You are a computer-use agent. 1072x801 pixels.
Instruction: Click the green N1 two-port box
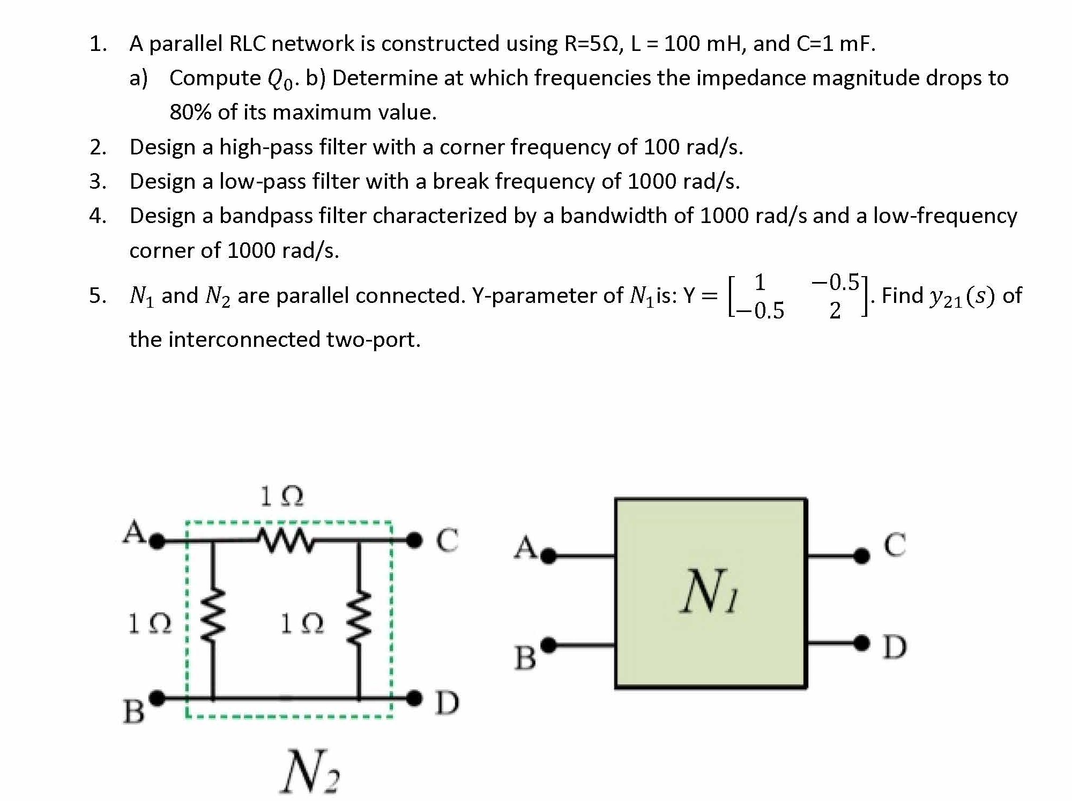click(x=711, y=592)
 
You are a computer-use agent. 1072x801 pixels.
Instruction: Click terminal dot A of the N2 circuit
click(x=157, y=542)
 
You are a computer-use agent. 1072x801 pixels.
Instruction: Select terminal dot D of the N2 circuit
click(x=414, y=698)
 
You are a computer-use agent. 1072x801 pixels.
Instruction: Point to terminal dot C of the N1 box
click(x=861, y=556)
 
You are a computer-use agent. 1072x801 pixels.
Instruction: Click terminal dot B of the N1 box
click(x=549, y=643)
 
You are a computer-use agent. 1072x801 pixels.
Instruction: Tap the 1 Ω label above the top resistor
click(x=281, y=496)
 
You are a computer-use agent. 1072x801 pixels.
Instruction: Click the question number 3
click(x=97, y=181)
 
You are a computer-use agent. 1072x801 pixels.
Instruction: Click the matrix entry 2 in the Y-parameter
click(x=835, y=310)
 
